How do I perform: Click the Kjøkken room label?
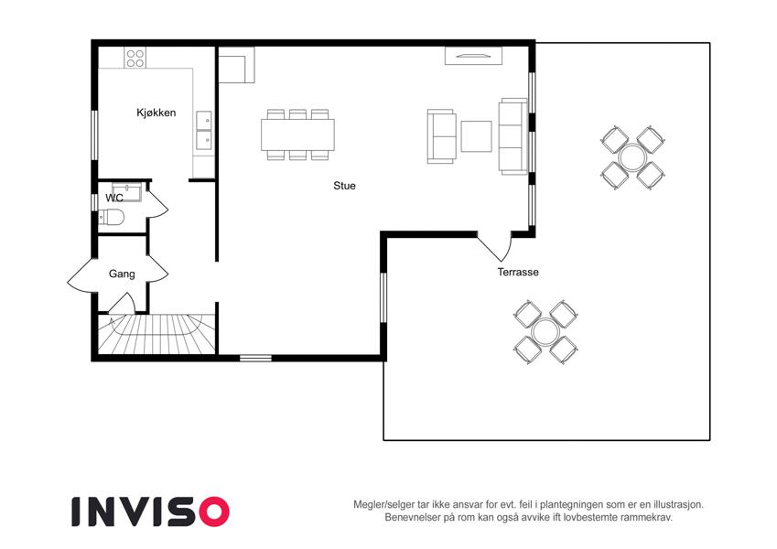156,113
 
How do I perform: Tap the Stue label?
344,186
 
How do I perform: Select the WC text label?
114,198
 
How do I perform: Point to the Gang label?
122,274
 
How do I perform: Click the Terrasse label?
518,272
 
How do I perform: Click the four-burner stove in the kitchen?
135,58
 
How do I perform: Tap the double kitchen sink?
204,130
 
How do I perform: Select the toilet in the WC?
111,217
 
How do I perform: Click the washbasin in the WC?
127,191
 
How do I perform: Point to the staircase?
157,334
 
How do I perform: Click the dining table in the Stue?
297,135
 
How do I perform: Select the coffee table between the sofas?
476,136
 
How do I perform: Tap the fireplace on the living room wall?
473,56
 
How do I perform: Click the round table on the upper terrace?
631,158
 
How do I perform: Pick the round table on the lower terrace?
545,332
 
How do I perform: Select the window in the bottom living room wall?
255,358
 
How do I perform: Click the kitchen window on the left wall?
94,135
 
